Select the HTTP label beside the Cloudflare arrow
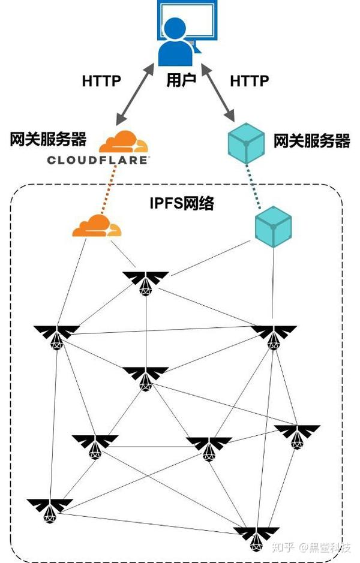101,81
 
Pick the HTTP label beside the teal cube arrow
250,80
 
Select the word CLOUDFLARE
98,160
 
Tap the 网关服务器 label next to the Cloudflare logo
48,140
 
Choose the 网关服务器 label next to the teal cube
311,141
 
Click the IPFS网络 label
181,203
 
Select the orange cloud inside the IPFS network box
96,225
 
